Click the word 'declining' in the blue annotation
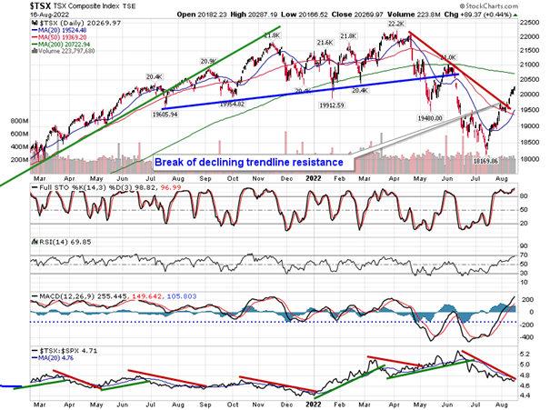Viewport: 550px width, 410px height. point(228,162)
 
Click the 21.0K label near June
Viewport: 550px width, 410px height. point(447,57)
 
